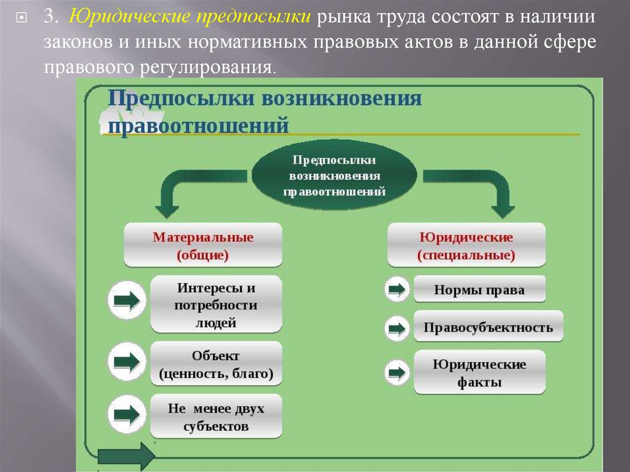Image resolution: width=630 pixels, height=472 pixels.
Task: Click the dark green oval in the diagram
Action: [335, 175]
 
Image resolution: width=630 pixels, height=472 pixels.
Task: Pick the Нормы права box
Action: [479, 290]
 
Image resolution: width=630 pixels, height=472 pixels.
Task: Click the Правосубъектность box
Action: [488, 327]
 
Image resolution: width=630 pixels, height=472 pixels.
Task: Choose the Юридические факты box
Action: [479, 372]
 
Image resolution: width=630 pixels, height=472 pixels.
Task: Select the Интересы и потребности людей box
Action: [215, 305]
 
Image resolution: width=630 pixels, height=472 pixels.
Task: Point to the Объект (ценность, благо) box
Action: [215, 364]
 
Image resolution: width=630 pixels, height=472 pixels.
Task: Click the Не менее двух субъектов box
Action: [215, 417]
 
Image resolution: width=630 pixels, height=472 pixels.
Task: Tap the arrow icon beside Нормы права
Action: [397, 290]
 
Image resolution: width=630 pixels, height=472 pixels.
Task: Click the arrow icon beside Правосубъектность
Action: [397, 328]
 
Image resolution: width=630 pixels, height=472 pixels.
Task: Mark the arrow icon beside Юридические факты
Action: [397, 372]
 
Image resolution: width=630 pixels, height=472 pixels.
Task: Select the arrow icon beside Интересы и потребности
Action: [127, 300]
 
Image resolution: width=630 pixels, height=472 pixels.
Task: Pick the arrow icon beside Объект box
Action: [127, 361]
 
